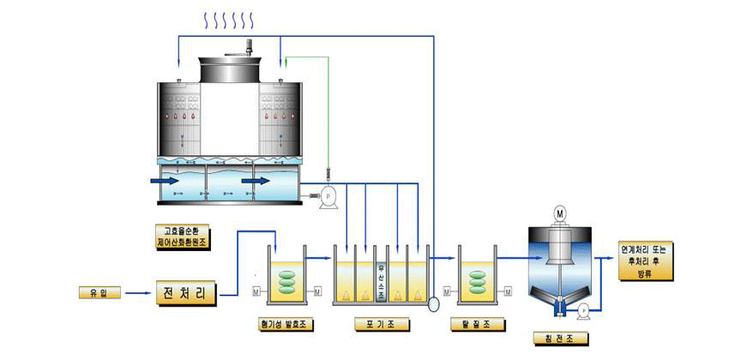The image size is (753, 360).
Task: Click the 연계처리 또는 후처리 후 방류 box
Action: click(x=648, y=260)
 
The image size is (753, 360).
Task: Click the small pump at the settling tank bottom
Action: click(x=584, y=309)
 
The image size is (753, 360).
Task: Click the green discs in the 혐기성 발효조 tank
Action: click(x=289, y=283)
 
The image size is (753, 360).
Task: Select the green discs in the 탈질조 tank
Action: click(x=477, y=283)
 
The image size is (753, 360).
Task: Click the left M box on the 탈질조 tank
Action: click(x=448, y=291)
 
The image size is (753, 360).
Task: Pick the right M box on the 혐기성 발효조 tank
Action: click(x=318, y=291)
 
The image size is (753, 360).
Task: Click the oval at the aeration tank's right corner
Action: click(x=432, y=303)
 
